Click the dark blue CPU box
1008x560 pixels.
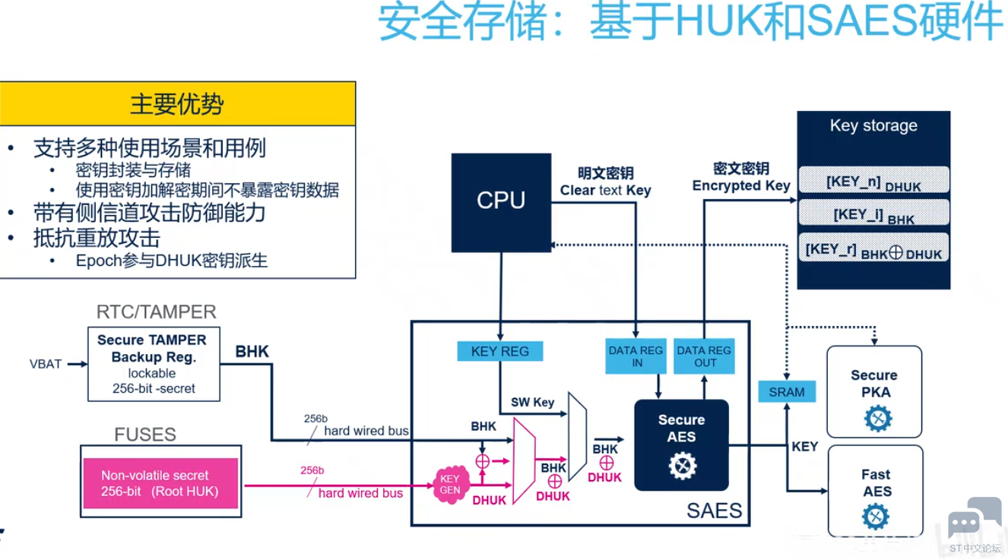501,202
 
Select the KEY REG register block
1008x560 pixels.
499,351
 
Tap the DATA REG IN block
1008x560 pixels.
636,356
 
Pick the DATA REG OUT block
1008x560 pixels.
704,356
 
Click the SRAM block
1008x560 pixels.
786,392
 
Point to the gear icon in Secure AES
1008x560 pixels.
682,465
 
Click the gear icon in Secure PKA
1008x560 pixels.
877,418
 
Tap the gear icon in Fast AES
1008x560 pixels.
876,517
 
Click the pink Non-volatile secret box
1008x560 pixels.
160,483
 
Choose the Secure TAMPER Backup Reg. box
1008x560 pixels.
153,364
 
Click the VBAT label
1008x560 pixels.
46,364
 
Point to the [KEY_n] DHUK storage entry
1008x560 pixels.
873,183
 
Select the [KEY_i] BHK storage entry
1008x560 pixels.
873,216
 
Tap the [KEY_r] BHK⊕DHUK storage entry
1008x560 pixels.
873,250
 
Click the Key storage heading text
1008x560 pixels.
873,126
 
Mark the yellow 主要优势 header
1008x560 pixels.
177,103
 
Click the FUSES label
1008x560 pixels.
145,435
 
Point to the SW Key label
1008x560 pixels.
532,402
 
